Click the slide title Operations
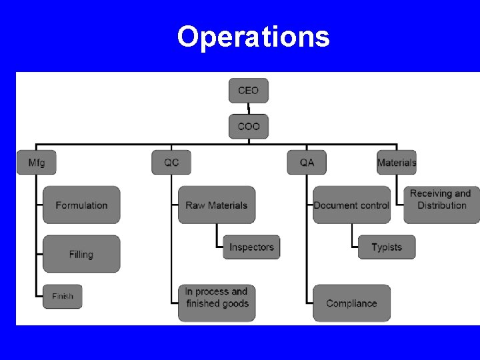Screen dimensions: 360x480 click(x=253, y=37)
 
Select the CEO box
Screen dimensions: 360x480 click(x=249, y=91)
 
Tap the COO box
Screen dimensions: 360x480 click(x=249, y=126)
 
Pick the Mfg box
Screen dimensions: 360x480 click(x=37, y=162)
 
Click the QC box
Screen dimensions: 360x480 click(x=171, y=162)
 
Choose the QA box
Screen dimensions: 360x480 click(x=307, y=162)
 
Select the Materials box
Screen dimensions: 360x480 click(x=397, y=162)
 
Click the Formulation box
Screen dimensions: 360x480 click(x=81, y=205)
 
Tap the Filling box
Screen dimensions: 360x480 click(x=81, y=254)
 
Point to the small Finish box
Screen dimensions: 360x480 click(x=63, y=296)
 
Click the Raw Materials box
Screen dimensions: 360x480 click(x=217, y=205)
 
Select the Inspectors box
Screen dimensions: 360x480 click(x=251, y=247)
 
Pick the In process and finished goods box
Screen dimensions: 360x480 click(x=217, y=297)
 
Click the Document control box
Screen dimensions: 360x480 click(x=351, y=205)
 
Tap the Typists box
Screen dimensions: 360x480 click(x=387, y=247)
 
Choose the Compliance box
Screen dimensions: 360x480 click(x=351, y=303)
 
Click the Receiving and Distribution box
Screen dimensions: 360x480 click(x=441, y=199)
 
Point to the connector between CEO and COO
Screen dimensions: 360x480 click(x=249, y=109)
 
